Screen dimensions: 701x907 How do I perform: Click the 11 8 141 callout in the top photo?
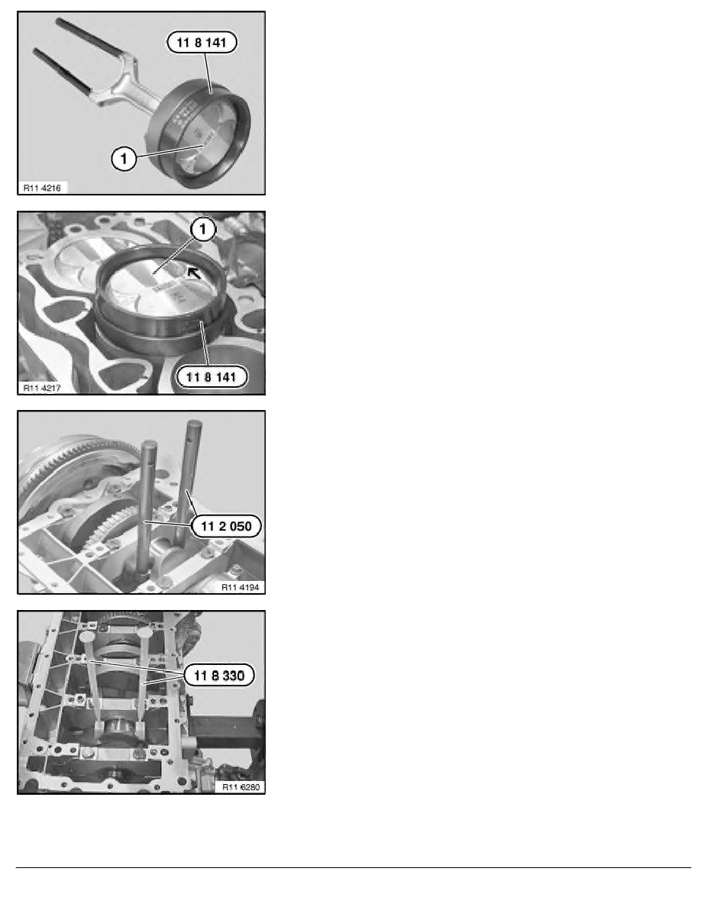[x=202, y=42]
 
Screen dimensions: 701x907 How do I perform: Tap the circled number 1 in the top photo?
[x=124, y=157]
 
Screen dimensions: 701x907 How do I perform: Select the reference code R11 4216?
[x=42, y=187]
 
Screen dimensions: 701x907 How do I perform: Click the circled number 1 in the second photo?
[x=202, y=229]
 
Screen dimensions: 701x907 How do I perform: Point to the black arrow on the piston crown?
[x=194, y=272]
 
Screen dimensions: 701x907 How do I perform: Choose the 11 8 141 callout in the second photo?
[x=212, y=377]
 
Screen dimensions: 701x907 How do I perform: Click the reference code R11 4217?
[x=42, y=388]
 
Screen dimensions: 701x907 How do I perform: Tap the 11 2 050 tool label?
[x=226, y=526]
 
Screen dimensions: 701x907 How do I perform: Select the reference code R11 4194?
[x=240, y=587]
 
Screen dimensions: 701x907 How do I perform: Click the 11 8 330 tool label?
[x=219, y=675]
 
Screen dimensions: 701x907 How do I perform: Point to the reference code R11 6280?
[x=241, y=786]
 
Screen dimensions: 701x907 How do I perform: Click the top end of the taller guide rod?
[x=193, y=424]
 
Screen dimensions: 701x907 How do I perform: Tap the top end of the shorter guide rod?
[x=150, y=444]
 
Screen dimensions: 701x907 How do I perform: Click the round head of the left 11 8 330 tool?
[x=87, y=636]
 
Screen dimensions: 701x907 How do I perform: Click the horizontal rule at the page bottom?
[x=354, y=867]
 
